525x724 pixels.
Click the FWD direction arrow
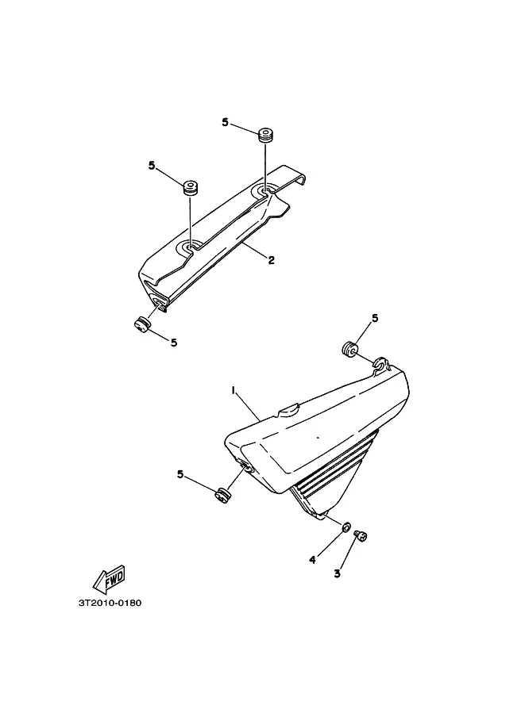(x=109, y=579)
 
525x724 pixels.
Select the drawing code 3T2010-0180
(x=110, y=603)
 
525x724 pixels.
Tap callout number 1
(x=234, y=391)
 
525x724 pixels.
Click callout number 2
(x=272, y=260)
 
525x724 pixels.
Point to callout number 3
(x=338, y=573)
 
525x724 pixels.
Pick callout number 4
(x=313, y=560)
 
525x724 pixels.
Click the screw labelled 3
(x=361, y=536)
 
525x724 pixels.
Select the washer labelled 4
(x=345, y=527)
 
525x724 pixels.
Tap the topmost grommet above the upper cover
(x=265, y=135)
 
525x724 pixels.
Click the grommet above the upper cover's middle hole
(x=189, y=187)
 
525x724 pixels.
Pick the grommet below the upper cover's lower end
(x=141, y=324)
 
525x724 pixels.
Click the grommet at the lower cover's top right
(x=349, y=349)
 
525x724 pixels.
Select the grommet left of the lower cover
(x=223, y=495)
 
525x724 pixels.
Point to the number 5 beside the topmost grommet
(x=226, y=122)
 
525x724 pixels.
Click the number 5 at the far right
(x=375, y=318)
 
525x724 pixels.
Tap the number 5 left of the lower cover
(x=180, y=474)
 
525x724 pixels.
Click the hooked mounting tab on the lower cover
(x=381, y=364)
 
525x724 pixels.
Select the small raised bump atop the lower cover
(x=288, y=409)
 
